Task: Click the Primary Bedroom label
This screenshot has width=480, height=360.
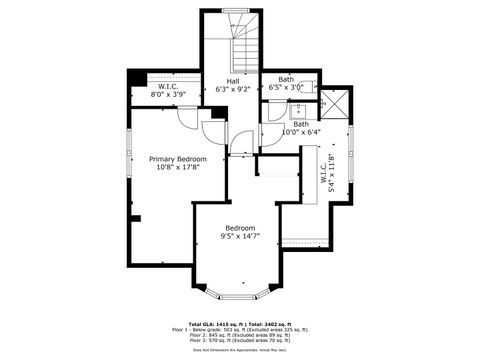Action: click(177, 159)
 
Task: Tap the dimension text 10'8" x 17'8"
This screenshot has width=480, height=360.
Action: click(177, 168)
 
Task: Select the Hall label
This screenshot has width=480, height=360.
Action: click(232, 80)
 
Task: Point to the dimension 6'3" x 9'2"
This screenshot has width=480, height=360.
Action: click(232, 89)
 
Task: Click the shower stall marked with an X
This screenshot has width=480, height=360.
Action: click(335, 102)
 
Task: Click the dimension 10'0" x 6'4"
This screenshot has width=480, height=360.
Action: click(300, 131)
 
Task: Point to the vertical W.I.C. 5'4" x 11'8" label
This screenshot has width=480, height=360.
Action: click(322, 170)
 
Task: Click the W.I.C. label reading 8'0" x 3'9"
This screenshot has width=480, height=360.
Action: click(167, 91)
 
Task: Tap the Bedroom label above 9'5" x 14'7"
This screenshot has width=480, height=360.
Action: click(240, 227)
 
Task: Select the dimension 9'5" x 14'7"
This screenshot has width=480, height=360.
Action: click(240, 236)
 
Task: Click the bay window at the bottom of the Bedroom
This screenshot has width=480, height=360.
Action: click(240, 294)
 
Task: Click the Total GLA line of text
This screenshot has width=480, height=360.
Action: click(240, 322)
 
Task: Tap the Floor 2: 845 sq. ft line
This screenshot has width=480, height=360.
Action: click(240, 333)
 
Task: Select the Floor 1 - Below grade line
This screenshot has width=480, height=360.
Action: click(240, 328)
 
